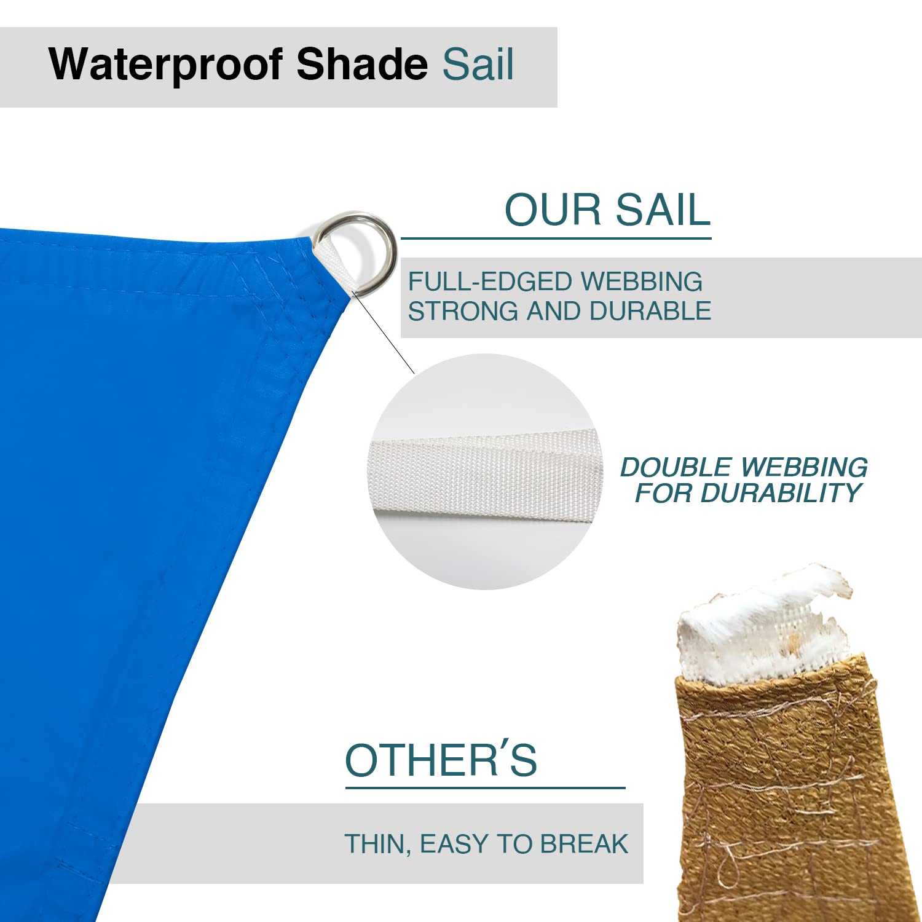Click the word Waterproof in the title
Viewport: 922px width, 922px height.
[x=166, y=65]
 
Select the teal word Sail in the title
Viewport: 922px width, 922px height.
[x=478, y=65]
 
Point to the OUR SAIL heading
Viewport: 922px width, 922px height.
[x=607, y=210]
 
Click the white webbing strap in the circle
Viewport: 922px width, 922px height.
[x=483, y=473]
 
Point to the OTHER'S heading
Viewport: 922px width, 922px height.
[x=441, y=760]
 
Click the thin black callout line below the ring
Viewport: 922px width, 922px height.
[x=384, y=335]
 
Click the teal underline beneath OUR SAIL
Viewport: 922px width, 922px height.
[x=556, y=238]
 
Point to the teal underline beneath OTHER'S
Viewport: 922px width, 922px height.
[x=485, y=787]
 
